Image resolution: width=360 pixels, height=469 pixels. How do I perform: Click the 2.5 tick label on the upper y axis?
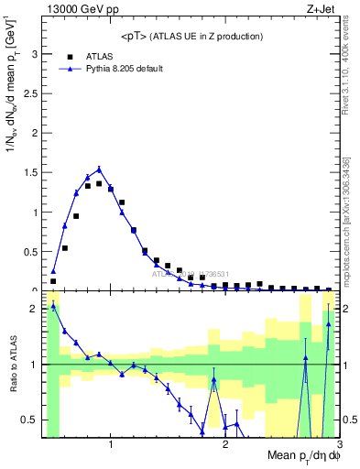coord(30,93)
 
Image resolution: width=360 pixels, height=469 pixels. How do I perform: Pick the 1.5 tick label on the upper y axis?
coord(30,172)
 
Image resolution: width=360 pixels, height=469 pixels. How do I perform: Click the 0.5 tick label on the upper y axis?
coord(30,251)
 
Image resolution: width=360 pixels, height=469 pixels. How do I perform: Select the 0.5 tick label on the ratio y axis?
coord(30,420)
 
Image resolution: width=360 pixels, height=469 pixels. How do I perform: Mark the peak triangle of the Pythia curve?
coord(99,169)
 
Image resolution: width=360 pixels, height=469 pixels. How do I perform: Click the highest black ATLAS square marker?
coord(99,183)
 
